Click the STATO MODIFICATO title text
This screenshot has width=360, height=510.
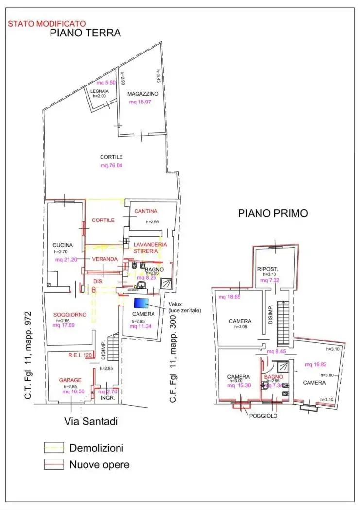(47, 23)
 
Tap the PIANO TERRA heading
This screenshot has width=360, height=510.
(85, 33)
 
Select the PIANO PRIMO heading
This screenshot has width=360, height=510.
(273, 213)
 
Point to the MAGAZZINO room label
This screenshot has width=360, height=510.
(143, 94)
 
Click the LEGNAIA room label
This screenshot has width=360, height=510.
(99, 91)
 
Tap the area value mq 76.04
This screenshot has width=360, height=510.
(111, 166)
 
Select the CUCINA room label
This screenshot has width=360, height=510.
(63, 245)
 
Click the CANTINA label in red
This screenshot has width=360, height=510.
(146, 211)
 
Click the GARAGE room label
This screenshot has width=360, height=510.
(70, 380)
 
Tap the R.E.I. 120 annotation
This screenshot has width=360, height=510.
(81, 355)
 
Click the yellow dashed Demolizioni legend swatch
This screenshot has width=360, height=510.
(53, 448)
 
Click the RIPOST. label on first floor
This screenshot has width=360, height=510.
(267, 268)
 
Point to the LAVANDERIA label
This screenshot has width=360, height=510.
(151, 244)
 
